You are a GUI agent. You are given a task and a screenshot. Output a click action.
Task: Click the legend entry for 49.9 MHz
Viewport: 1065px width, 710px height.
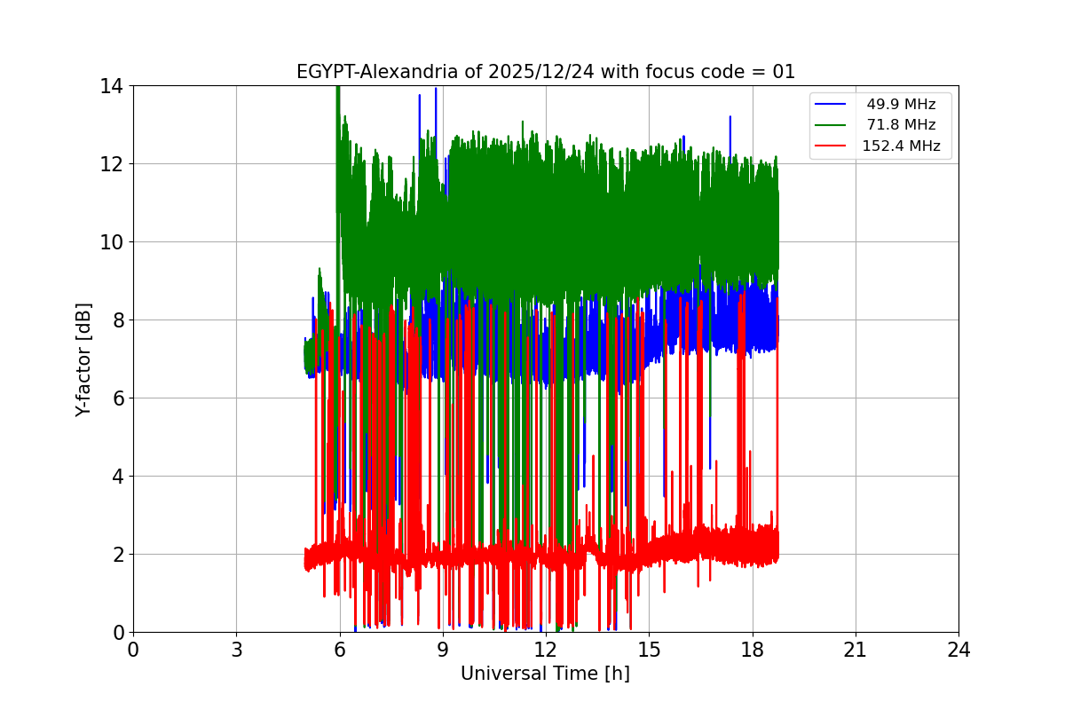[901, 105]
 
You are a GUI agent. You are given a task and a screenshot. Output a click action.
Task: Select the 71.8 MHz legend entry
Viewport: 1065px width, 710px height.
[901, 125]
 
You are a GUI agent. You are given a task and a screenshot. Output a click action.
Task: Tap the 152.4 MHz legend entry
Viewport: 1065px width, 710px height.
[901, 146]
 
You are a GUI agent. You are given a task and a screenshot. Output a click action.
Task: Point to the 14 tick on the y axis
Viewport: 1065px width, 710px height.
[112, 86]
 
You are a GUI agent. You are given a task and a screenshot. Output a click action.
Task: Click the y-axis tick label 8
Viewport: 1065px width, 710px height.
[117, 320]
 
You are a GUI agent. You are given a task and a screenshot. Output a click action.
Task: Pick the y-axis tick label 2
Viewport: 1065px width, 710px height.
[117, 555]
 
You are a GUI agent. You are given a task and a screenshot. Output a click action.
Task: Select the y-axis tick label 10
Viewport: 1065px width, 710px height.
[112, 242]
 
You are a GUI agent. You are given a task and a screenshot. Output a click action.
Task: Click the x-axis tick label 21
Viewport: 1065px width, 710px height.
[856, 650]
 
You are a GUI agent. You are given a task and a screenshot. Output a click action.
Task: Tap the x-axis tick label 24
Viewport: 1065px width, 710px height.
[958, 650]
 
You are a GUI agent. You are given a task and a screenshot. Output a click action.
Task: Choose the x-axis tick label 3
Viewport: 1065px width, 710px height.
[236, 650]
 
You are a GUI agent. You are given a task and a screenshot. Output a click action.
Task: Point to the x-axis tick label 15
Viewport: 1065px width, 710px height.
[649, 650]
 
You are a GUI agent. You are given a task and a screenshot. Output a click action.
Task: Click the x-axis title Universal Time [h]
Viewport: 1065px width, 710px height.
[545, 674]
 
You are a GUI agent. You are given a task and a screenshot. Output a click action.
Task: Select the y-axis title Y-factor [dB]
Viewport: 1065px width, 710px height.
[83, 359]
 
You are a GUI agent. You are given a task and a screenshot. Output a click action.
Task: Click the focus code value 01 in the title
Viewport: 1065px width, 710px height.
[784, 72]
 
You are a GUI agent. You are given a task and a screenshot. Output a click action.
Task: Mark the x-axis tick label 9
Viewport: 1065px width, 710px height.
[443, 650]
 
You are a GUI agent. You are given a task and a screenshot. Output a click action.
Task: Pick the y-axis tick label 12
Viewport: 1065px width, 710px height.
[112, 164]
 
